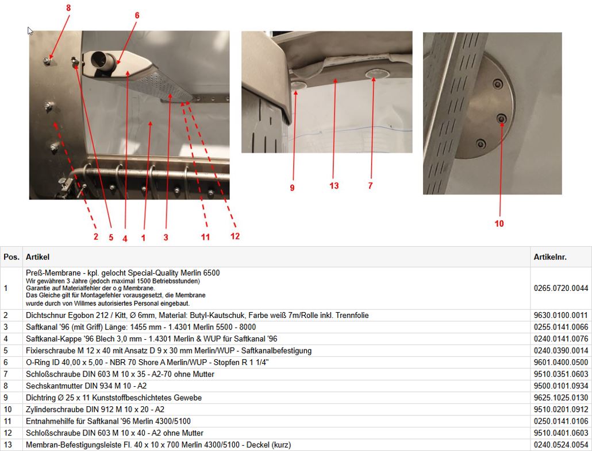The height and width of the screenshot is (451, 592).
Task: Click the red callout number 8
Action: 68,8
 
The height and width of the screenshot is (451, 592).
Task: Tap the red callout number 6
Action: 137,15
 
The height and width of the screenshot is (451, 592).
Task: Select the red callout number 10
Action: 499,223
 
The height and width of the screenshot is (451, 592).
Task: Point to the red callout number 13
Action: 334,186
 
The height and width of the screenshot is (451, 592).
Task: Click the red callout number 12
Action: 235,236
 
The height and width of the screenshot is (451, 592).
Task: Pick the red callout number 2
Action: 96,236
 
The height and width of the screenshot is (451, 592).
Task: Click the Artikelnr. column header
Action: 550,257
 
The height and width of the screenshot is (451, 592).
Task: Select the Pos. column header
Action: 11,257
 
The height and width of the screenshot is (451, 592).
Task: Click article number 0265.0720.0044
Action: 560,288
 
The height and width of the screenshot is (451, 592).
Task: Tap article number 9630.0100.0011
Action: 560,316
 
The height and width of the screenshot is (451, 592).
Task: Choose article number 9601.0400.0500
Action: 560,363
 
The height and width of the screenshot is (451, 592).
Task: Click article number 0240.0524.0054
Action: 560,445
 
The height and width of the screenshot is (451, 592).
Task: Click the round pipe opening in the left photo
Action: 101,60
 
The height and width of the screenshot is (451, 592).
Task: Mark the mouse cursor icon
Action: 30,31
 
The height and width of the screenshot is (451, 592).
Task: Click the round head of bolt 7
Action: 373,74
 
